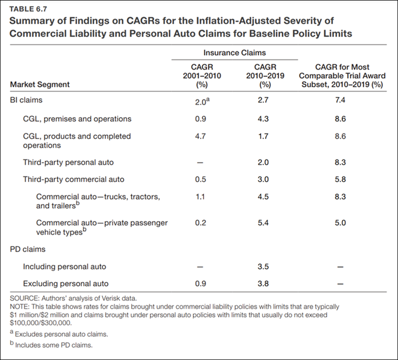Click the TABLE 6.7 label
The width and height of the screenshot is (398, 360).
[x=28, y=9]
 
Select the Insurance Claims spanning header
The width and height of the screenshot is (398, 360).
[x=234, y=53]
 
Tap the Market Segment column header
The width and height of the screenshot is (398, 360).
[x=40, y=84]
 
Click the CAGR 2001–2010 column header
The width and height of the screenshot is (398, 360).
[x=202, y=76]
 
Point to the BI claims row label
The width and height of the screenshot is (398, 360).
[x=26, y=100]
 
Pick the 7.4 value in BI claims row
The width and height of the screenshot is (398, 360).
[x=340, y=100]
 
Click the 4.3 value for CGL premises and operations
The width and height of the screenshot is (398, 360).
[x=263, y=119]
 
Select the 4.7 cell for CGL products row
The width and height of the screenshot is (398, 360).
[x=200, y=136]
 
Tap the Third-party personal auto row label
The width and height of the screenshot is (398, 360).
[x=68, y=162]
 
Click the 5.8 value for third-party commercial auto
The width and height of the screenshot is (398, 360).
[x=340, y=179]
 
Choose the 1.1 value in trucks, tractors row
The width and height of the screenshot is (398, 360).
[x=200, y=197]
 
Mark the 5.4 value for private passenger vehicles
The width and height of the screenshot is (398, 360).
[x=263, y=223]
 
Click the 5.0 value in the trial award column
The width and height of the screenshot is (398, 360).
[x=340, y=223]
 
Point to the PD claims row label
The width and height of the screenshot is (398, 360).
[x=28, y=249]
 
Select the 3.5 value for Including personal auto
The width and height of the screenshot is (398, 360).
[x=263, y=267]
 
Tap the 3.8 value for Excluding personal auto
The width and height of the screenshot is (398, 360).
[x=263, y=284]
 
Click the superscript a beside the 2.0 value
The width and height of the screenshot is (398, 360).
[x=208, y=100]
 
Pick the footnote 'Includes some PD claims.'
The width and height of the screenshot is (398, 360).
[x=54, y=345]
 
